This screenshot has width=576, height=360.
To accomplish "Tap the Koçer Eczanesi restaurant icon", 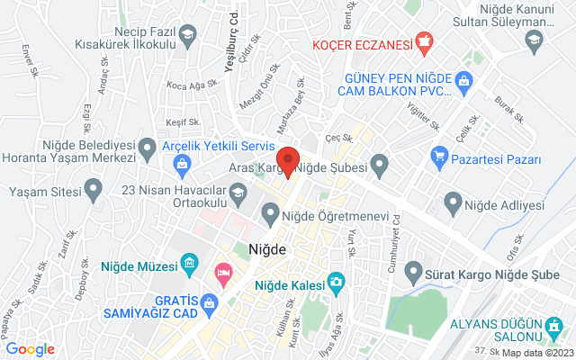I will (x=425, y=42).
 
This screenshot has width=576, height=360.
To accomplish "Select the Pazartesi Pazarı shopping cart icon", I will (x=439, y=159).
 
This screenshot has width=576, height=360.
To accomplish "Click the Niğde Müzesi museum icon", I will (x=189, y=264).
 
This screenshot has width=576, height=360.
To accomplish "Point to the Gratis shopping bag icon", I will (x=209, y=302).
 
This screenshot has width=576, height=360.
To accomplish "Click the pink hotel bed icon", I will (x=221, y=271).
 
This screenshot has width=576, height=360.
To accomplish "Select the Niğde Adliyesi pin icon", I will (x=453, y=204).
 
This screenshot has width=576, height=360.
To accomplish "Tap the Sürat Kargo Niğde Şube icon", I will (x=414, y=269).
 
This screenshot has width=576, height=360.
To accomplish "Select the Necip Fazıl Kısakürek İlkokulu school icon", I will (x=188, y=37).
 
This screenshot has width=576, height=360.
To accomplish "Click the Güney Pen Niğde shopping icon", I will (x=464, y=83).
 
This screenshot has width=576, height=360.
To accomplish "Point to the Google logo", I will (x=30, y=349).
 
